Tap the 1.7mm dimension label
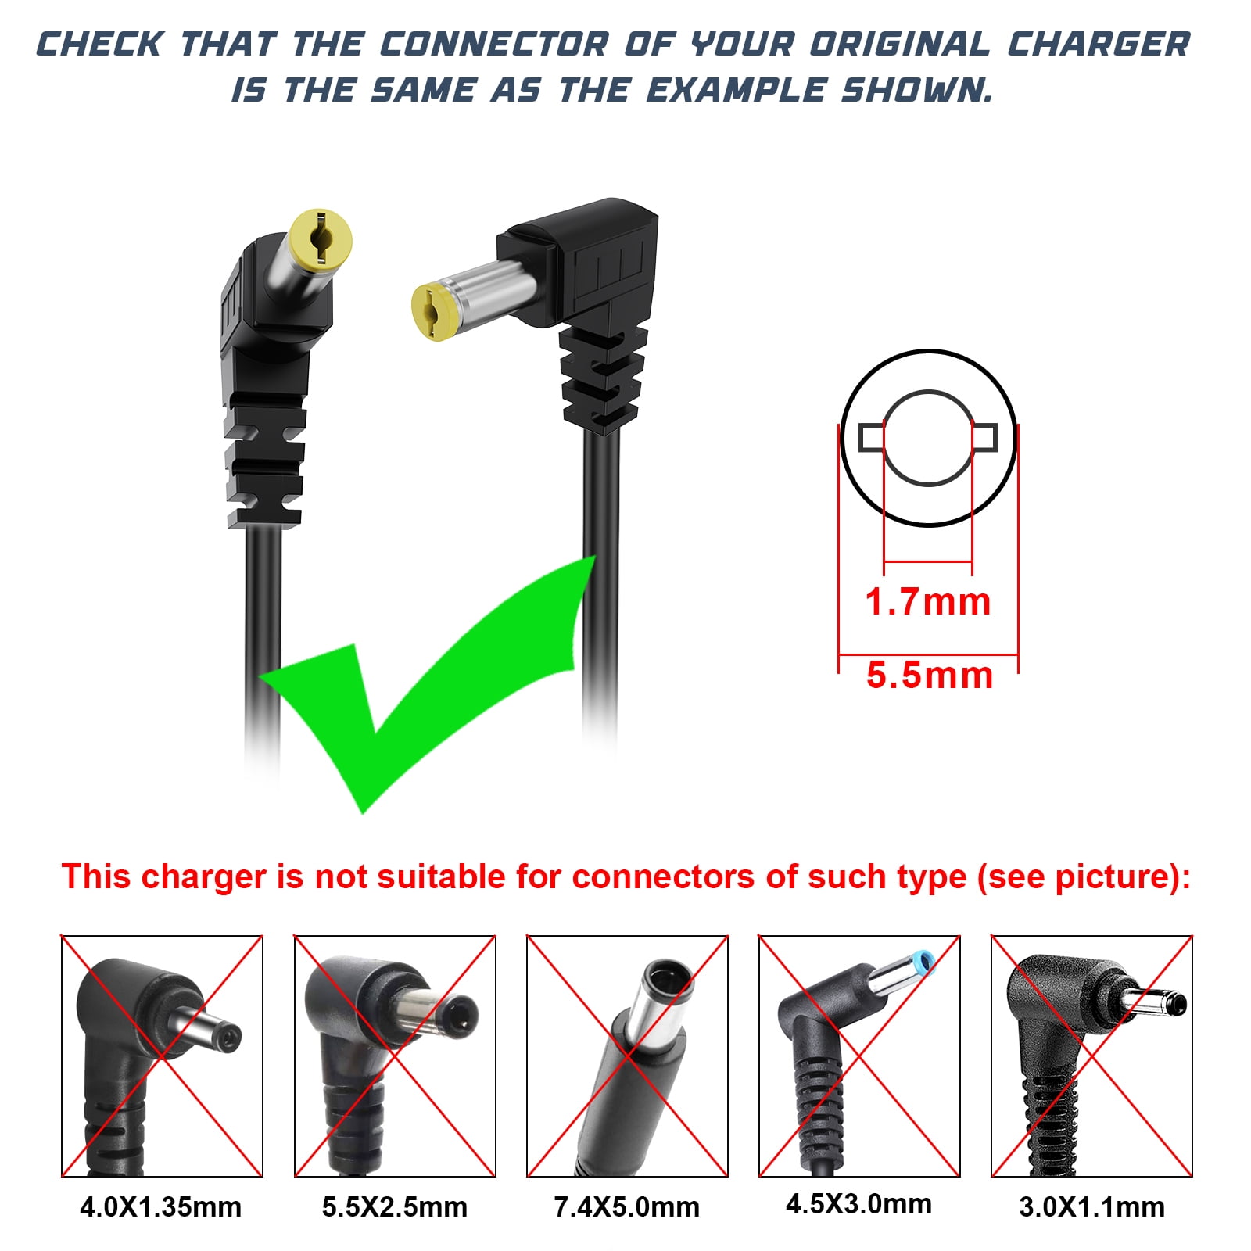tap(928, 602)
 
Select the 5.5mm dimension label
tap(930, 675)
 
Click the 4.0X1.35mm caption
tap(161, 1206)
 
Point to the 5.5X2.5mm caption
tap(395, 1206)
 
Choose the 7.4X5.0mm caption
tap(627, 1206)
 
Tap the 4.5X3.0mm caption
tap(859, 1203)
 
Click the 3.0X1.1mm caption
tap(1092, 1206)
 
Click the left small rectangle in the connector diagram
tap(872, 438)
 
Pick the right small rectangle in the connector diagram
tap(984, 438)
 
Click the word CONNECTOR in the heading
tap(495, 45)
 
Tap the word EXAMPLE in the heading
tap(736, 90)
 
